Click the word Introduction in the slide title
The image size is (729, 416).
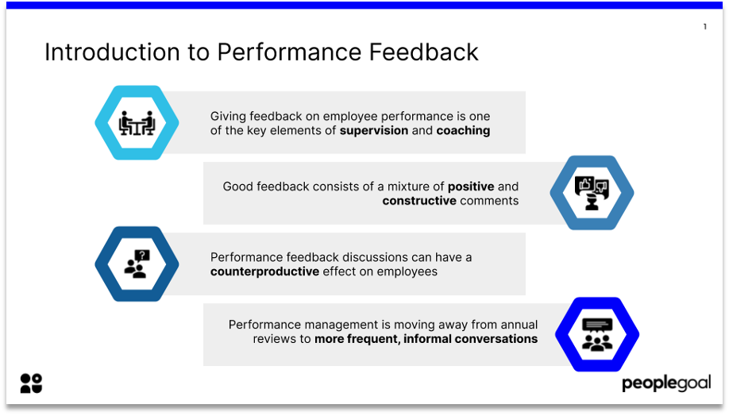click(x=112, y=52)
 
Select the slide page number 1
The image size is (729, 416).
click(x=705, y=26)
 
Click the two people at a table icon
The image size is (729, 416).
click(x=137, y=123)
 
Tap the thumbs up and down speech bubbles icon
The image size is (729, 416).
click(x=592, y=193)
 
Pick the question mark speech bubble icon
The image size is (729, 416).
click(x=137, y=264)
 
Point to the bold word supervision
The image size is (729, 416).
click(x=374, y=131)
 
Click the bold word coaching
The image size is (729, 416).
click(x=463, y=131)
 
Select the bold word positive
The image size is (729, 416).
click(x=471, y=187)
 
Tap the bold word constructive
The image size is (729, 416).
click(x=419, y=201)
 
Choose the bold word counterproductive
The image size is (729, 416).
click(x=264, y=272)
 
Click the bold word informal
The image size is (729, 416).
click(x=427, y=339)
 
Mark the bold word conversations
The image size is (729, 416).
click(x=496, y=339)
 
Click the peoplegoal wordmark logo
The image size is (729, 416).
click(x=666, y=383)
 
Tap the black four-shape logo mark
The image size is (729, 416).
click(x=31, y=383)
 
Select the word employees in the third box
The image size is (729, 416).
click(x=407, y=272)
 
